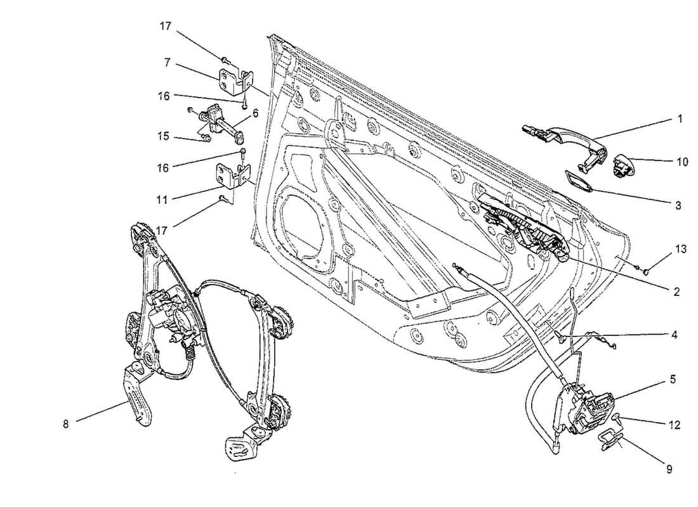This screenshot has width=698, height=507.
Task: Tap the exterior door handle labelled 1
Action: pos(558,134)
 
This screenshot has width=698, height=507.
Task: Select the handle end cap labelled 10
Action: pos(621,166)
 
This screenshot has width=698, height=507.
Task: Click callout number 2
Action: pos(676,292)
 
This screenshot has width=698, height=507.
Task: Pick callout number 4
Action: pos(675,334)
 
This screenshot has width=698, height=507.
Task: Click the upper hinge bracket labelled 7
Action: pos(232,80)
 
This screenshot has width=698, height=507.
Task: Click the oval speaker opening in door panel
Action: pos(306,222)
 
